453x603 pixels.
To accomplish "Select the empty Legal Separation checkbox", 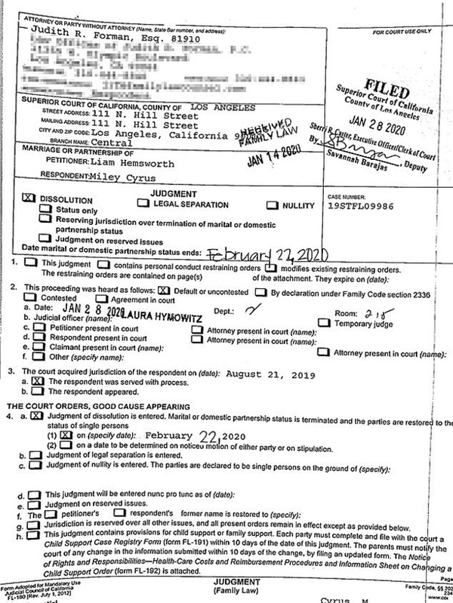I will (143, 203).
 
